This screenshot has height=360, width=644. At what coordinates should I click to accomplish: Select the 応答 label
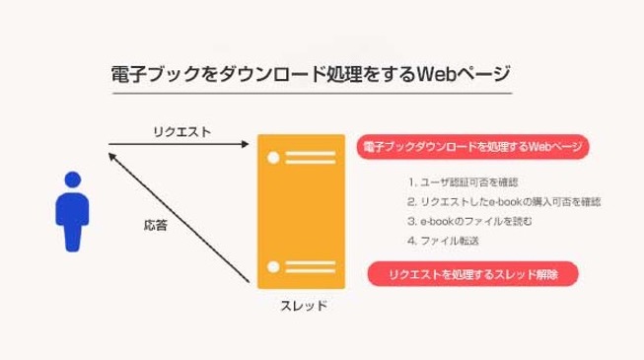coord(155,225)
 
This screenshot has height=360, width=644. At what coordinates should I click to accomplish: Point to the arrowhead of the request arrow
coord(245,146)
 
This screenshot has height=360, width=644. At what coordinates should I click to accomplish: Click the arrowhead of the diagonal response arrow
coord(111,151)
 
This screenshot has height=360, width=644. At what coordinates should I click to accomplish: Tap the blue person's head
coord(71,180)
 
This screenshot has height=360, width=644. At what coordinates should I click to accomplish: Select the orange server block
coord(301,211)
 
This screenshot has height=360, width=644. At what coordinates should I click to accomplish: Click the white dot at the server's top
coord(275,155)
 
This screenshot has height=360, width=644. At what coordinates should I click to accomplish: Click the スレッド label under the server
coord(301,305)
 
